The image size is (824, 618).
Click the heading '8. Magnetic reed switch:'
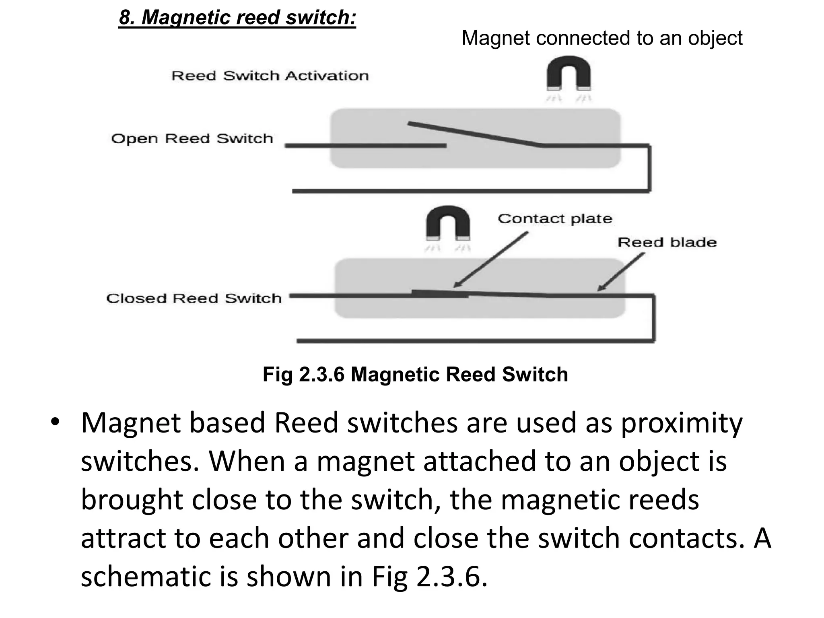tap(237, 18)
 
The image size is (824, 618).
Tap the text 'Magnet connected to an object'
tap(602, 38)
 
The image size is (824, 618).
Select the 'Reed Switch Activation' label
tap(270, 76)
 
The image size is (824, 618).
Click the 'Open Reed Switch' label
tap(192, 138)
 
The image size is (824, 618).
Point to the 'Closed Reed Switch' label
tap(194, 298)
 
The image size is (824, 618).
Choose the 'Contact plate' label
tap(555, 218)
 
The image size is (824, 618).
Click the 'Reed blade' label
tap(667, 242)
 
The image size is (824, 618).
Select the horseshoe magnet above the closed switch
tap(448, 223)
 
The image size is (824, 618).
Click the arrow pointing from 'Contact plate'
tap(491, 260)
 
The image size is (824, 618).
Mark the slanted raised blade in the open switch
tap(475, 134)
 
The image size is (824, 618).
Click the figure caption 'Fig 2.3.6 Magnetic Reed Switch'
tap(415, 374)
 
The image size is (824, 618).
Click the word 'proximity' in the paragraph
tap(682, 423)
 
